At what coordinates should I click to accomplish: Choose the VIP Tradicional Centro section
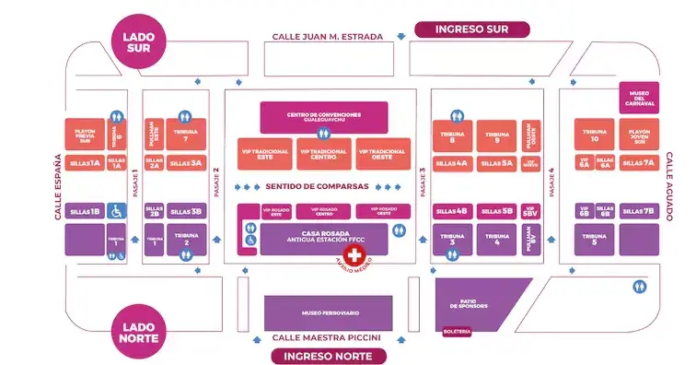pos(323,154)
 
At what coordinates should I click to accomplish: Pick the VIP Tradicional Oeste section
pos(382,154)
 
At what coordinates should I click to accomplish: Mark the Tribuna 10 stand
pos(594,136)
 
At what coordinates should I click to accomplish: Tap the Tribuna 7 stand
pos(186,135)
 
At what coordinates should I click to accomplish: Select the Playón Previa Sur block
pos(85,136)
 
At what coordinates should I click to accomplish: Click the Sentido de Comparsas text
pos(317,186)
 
